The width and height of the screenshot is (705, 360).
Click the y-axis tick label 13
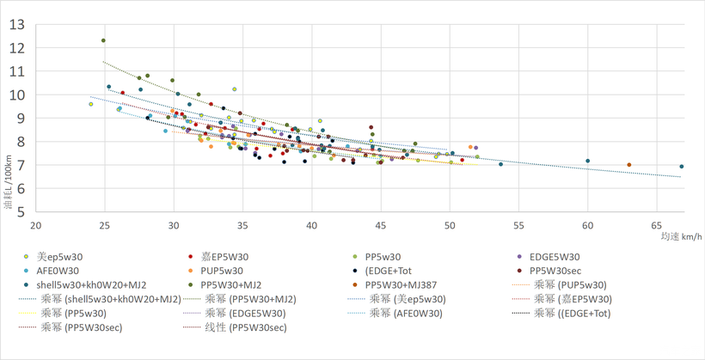point(17,24)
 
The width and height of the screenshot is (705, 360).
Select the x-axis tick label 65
point(657,226)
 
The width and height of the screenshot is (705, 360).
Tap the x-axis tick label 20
point(36,226)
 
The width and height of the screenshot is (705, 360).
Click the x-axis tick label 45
point(381,226)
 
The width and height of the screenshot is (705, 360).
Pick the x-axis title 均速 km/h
point(681,236)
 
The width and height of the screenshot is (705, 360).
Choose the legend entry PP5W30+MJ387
point(403,285)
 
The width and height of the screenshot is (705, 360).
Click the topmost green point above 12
point(103,40)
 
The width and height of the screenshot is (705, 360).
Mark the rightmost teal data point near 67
point(682,167)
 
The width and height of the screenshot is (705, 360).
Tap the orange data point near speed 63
point(629,165)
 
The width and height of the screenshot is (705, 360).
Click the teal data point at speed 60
point(588,161)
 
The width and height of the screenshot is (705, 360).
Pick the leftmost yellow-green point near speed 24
point(91,104)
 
